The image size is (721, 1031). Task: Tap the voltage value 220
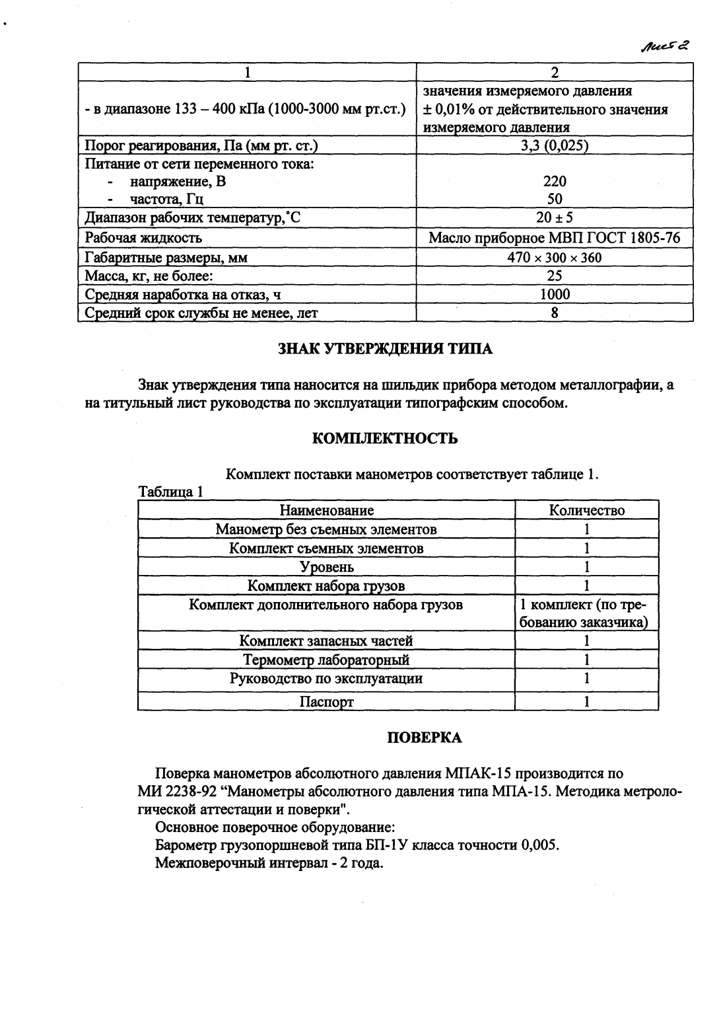pyautogui.click(x=555, y=181)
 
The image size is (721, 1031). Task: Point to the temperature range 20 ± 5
pyautogui.click(x=555, y=217)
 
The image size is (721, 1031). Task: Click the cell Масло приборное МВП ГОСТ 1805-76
pyautogui.click(x=555, y=238)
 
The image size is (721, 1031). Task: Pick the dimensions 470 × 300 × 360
pyautogui.click(x=555, y=258)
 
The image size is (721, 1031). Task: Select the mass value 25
pyautogui.click(x=555, y=276)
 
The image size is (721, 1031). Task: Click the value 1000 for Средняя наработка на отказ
pyautogui.click(x=555, y=295)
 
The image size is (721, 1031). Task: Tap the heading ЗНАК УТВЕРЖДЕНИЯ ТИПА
pyautogui.click(x=385, y=349)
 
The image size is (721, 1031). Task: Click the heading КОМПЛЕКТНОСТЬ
pyautogui.click(x=385, y=438)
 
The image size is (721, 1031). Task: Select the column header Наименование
pyautogui.click(x=326, y=510)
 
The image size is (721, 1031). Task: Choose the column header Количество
pyautogui.click(x=586, y=510)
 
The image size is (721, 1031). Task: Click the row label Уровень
pyautogui.click(x=326, y=567)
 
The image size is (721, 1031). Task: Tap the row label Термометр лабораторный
pyautogui.click(x=326, y=660)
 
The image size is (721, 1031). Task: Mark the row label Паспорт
pyautogui.click(x=326, y=702)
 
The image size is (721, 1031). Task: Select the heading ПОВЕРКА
pyautogui.click(x=423, y=738)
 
